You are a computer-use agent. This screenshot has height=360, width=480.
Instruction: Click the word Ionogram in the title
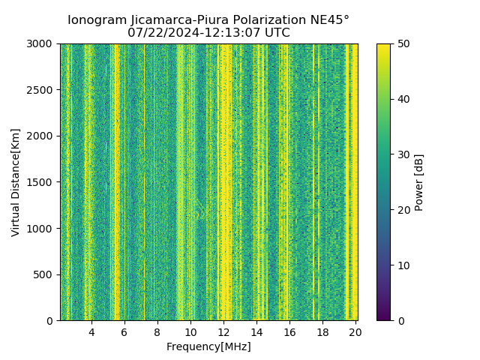pyautogui.click(x=96, y=20)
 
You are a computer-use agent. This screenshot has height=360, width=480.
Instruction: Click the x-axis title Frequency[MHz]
pyautogui.click(x=208, y=346)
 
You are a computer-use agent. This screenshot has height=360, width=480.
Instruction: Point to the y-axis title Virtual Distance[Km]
pyautogui.click(x=16, y=182)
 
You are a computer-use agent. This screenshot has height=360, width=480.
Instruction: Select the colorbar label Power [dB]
pyautogui.click(x=419, y=182)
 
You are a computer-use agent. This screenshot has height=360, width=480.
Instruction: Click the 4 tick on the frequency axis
pyautogui.click(x=91, y=331)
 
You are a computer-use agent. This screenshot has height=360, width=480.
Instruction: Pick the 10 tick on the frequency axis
pyautogui.click(x=190, y=331)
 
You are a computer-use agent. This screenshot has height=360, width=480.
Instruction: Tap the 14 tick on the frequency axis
pyautogui.click(x=256, y=331)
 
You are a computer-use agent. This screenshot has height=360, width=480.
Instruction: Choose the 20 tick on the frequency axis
pyautogui.click(x=355, y=331)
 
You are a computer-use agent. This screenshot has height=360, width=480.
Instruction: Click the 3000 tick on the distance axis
pyautogui.click(x=42, y=43)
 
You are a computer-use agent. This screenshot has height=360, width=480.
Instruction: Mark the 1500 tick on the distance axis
pyautogui.click(x=42, y=182)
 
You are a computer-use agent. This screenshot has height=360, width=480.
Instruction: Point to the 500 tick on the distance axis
pyautogui.click(x=45, y=274)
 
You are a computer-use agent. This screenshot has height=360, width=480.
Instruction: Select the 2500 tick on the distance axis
pyautogui.click(x=42, y=90)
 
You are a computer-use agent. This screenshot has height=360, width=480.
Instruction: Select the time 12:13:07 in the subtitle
pyautogui.click(x=223, y=33)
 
